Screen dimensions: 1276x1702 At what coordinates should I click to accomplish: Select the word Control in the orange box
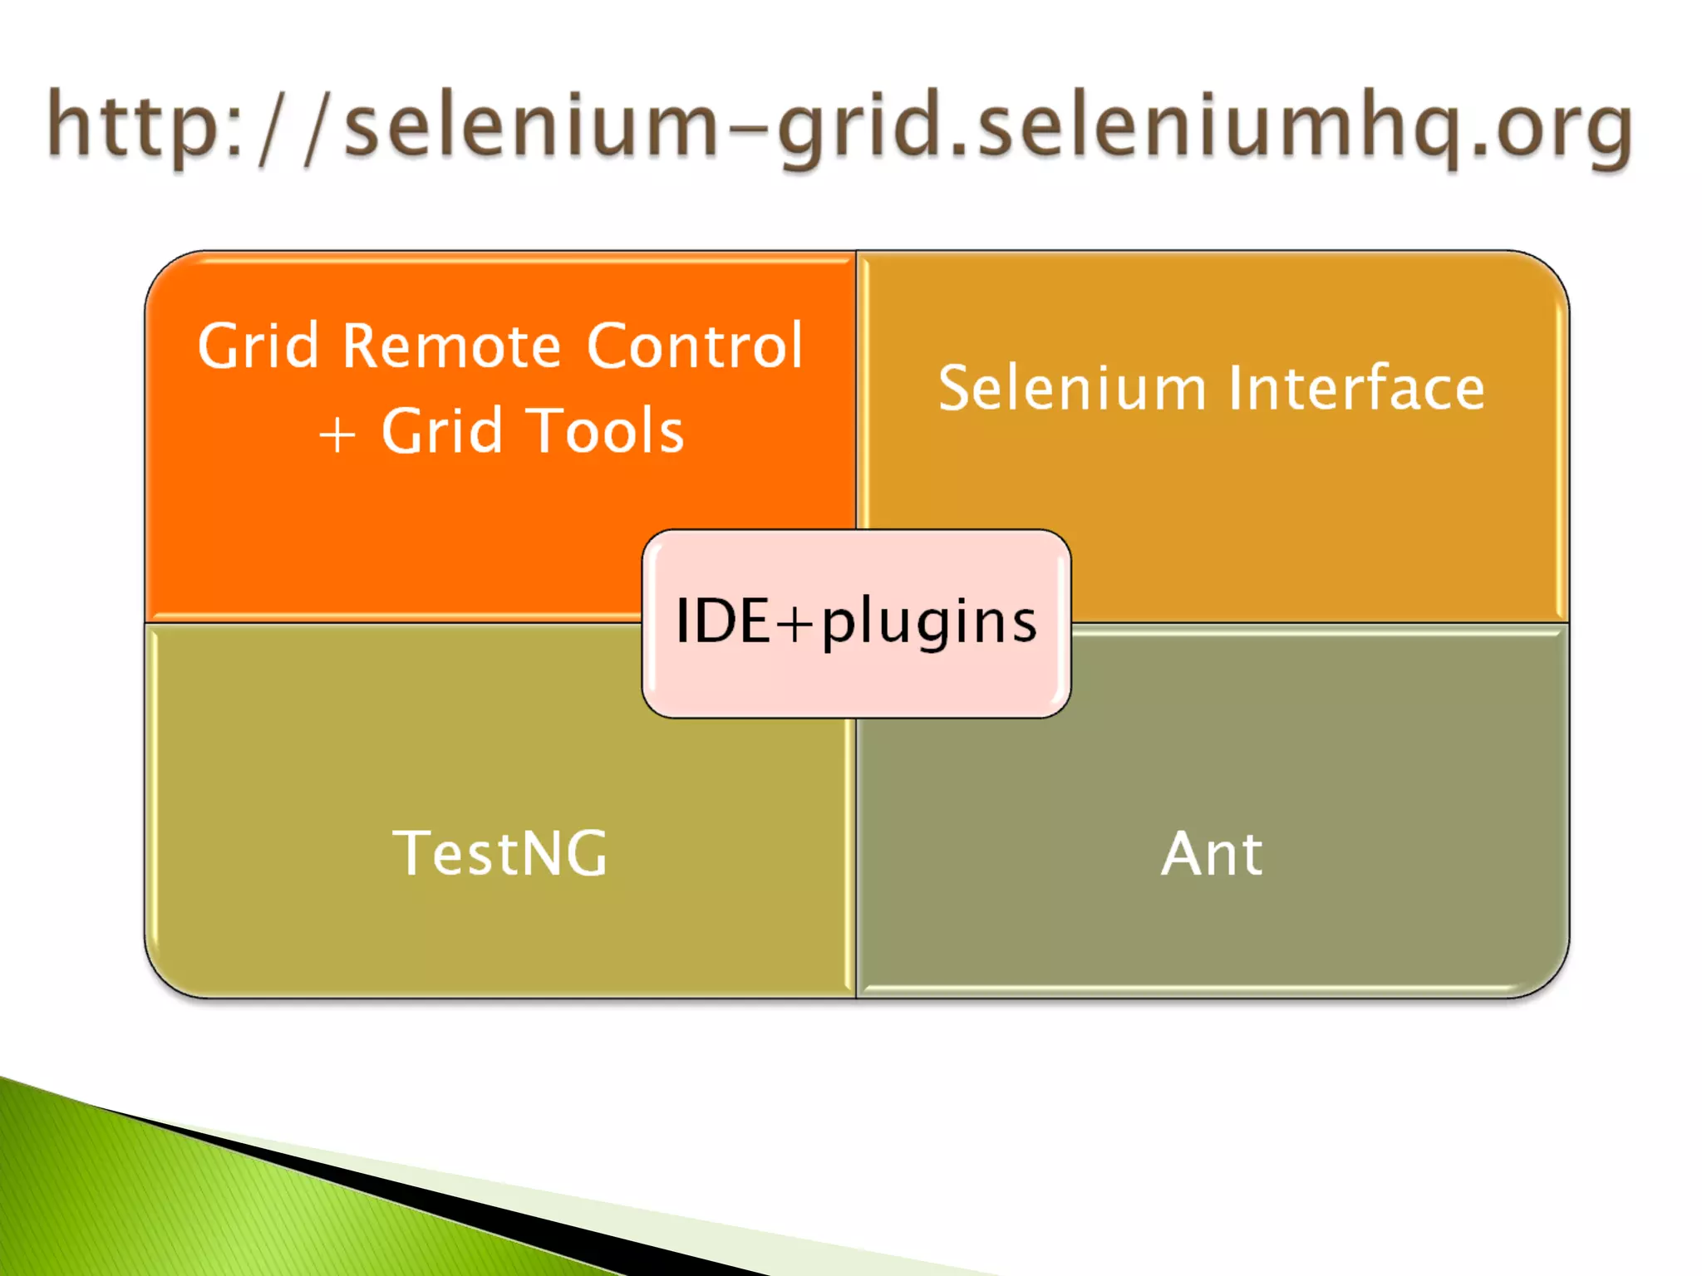click(695, 346)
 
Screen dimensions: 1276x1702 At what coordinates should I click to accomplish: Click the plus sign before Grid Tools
click(337, 434)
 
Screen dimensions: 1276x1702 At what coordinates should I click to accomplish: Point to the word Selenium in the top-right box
click(1072, 388)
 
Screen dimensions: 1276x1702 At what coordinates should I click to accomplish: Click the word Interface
click(1356, 388)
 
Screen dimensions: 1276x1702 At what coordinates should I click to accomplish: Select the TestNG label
click(500, 853)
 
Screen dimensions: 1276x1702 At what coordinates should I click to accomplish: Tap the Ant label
click(1212, 853)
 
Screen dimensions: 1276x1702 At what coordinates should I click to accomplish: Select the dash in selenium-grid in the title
click(746, 129)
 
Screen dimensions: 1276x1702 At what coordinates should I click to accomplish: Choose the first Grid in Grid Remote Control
click(258, 346)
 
